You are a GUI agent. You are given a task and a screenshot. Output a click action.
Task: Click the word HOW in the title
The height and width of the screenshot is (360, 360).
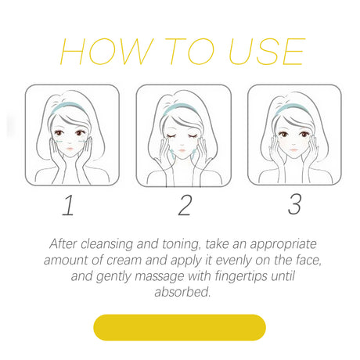[x=106, y=52]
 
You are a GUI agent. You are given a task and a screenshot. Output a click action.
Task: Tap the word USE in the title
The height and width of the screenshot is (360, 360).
[x=267, y=52]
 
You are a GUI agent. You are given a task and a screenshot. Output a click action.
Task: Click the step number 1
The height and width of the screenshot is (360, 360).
[x=68, y=205]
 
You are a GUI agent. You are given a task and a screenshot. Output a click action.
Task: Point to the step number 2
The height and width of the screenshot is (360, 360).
[x=185, y=205]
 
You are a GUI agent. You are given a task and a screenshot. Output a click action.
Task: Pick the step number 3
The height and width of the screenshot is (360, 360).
[x=295, y=204]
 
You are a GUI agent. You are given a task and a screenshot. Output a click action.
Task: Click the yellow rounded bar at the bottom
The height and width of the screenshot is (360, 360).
[x=179, y=327]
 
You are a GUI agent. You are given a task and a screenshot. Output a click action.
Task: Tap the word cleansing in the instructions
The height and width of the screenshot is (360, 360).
[x=107, y=244]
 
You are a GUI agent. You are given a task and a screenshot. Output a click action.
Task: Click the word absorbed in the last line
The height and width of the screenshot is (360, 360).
[x=182, y=292]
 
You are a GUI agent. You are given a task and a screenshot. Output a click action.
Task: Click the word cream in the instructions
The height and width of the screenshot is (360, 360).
[x=124, y=261]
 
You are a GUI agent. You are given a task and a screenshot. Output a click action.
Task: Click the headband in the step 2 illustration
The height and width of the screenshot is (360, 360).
[x=180, y=108]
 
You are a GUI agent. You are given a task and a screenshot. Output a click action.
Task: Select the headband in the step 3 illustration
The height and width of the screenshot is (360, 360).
[x=291, y=107]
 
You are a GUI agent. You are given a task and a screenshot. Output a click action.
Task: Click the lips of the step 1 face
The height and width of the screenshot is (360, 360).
[x=70, y=149]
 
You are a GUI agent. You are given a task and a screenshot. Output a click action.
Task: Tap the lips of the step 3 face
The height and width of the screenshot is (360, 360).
[x=294, y=150]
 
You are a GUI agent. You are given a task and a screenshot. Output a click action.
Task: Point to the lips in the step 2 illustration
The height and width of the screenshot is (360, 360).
[x=182, y=150]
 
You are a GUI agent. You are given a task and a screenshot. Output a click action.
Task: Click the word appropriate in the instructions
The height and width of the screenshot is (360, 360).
[x=283, y=245]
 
